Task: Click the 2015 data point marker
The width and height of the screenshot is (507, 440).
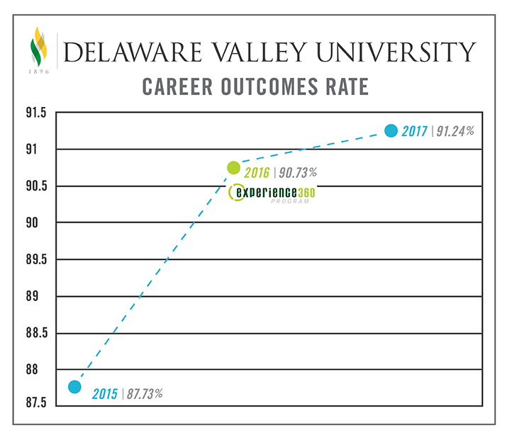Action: pyautogui.click(x=74, y=387)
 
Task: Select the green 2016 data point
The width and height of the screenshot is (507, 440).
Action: pyautogui.click(x=233, y=167)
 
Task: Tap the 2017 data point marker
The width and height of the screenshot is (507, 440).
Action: pyautogui.click(x=390, y=130)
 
